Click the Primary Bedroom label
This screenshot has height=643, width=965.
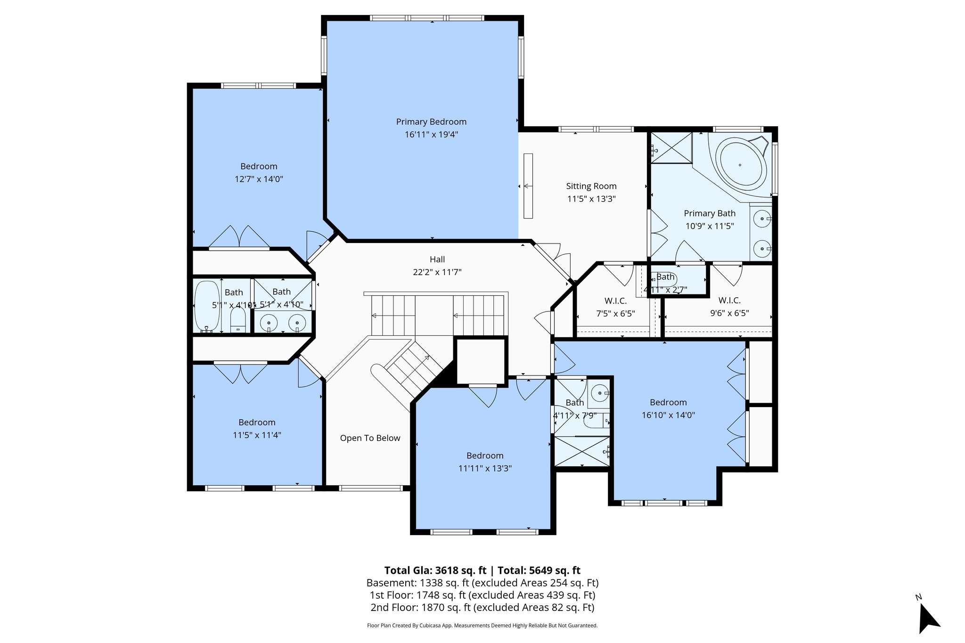coord(431,122)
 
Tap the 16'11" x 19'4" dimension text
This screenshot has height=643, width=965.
coord(431,135)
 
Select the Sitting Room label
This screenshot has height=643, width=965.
coord(591,186)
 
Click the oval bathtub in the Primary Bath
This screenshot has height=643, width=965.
coord(740,164)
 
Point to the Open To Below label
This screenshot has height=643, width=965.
coord(370,438)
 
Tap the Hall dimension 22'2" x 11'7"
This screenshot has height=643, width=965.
coord(437,272)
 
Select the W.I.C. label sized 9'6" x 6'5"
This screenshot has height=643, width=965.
coord(729,301)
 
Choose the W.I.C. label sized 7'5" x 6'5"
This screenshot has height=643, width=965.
coord(615,301)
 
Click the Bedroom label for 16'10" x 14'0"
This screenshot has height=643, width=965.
coord(668,402)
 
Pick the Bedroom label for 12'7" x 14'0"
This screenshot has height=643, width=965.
coord(259,166)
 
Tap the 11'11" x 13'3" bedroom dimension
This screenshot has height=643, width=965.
coord(485,468)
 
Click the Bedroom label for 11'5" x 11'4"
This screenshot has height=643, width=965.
coord(257,423)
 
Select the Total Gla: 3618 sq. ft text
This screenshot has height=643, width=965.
coord(435,570)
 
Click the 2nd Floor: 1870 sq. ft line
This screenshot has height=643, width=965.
coord(482,607)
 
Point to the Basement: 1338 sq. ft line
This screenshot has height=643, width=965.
coord(482,583)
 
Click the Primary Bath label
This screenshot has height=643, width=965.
coord(710,213)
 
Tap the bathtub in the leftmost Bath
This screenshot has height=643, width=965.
coord(207,306)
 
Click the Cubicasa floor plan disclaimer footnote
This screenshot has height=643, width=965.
coord(482,626)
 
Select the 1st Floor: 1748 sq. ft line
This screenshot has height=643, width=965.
coord(482,595)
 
